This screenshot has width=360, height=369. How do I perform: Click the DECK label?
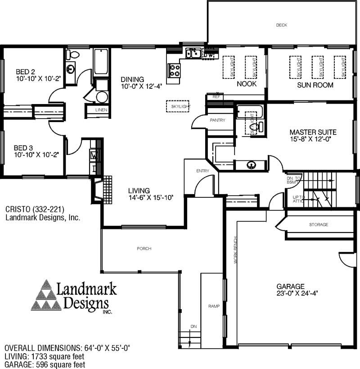point(281,25)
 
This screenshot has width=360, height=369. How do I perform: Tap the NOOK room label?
point(247,84)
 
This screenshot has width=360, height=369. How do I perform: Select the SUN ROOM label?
point(315,85)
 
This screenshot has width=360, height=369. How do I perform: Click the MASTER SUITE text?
point(313,132)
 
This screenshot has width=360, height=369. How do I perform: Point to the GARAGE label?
point(291,286)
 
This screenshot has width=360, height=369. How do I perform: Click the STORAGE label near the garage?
point(319,224)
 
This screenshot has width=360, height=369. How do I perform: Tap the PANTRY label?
point(217,120)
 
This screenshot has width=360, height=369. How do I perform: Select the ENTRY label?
point(203,171)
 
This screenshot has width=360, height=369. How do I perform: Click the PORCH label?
point(144,249)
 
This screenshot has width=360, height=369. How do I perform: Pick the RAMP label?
point(214,306)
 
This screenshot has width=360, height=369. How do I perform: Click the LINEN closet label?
point(101,110)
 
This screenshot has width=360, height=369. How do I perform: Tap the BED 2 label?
point(25,72)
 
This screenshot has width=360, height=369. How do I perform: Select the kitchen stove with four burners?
point(174,70)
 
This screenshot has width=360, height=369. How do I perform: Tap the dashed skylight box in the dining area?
point(177,106)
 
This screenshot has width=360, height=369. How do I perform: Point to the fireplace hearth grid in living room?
point(108,189)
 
